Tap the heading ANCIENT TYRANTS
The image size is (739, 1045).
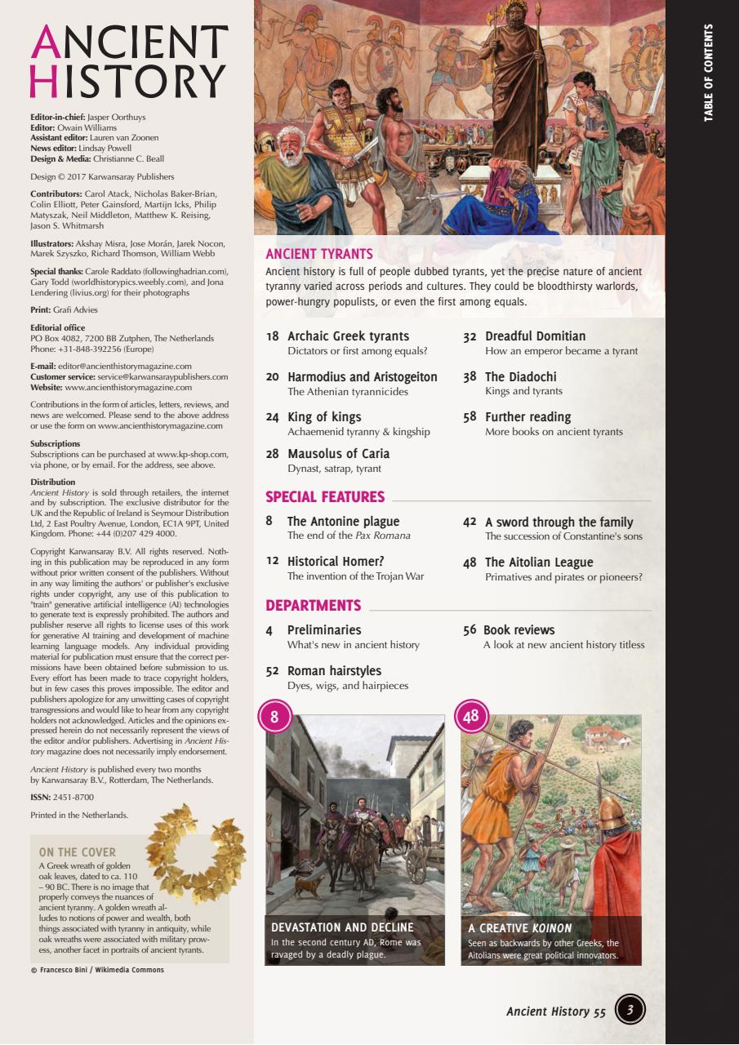tap(319, 254)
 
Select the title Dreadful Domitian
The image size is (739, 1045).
tap(535, 336)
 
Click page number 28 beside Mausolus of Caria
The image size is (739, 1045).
tap(273, 455)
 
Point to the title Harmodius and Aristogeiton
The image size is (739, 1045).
tap(362, 377)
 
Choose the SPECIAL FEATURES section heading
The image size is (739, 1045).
tap(325, 497)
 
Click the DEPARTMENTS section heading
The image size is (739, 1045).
tap(313, 606)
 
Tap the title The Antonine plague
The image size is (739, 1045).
tap(343, 522)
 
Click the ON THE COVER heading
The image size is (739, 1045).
tap(78, 852)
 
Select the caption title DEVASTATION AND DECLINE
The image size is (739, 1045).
tap(342, 927)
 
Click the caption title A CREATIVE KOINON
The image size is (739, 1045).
tap(520, 928)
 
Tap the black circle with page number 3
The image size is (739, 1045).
tap(630, 1010)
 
